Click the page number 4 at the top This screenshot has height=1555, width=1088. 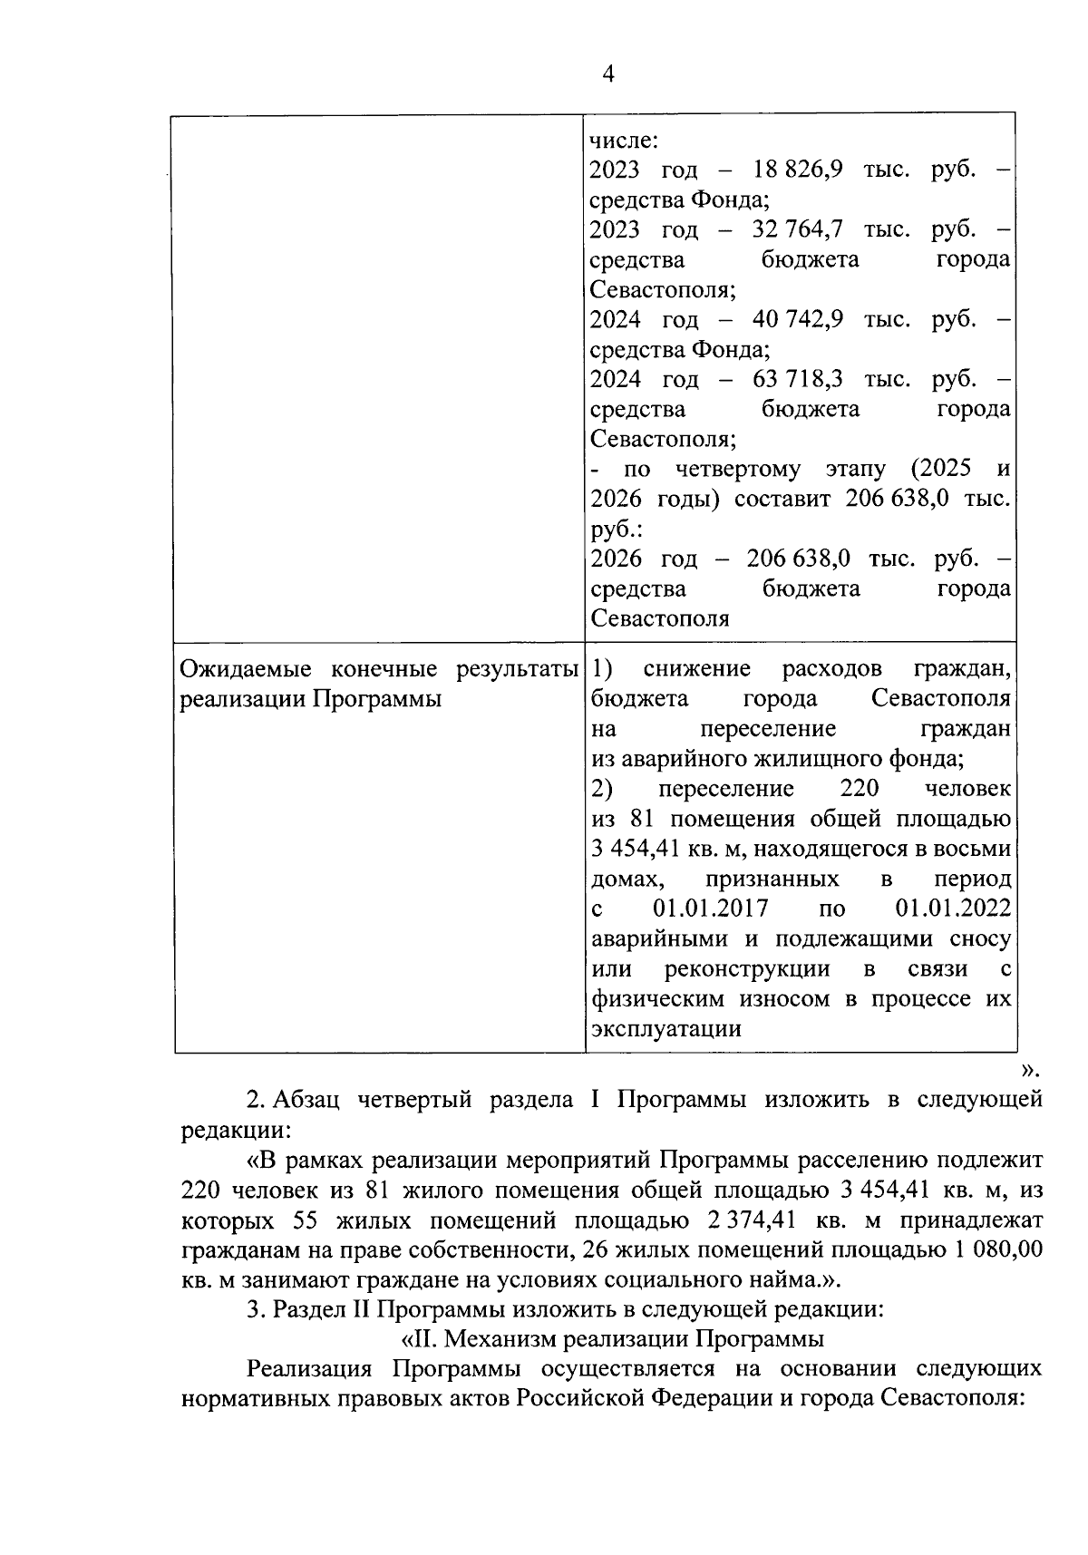[608, 75]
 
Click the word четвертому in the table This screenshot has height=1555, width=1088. [738, 470]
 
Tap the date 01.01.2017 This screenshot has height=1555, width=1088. [710, 909]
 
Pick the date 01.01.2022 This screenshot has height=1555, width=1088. [952, 909]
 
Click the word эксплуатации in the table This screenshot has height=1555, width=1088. [665, 1029]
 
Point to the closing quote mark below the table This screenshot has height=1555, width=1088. [1029, 1071]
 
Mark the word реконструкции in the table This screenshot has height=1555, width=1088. [747, 969]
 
